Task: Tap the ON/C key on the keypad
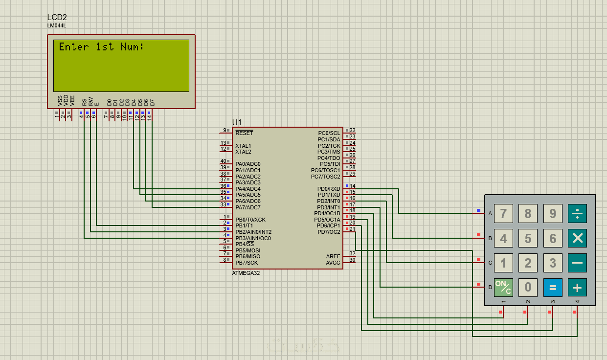tap(503, 287)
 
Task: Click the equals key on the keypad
tap(553, 287)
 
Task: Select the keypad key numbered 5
tap(528, 238)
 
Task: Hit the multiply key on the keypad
tap(577, 238)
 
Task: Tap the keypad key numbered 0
tap(528, 287)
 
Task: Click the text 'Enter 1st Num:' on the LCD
tap(101, 47)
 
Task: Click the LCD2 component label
tap(57, 18)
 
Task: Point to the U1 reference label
tap(237, 122)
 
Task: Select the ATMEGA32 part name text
tap(246, 273)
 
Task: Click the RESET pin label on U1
tap(244, 133)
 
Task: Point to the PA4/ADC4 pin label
tap(248, 189)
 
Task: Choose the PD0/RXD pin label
tap(329, 189)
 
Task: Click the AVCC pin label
tap(333, 263)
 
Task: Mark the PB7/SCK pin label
tap(247, 263)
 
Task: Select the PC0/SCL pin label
tap(329, 133)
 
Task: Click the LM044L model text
tap(57, 25)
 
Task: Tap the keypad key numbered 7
tap(503, 214)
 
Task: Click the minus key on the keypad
tap(577, 263)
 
